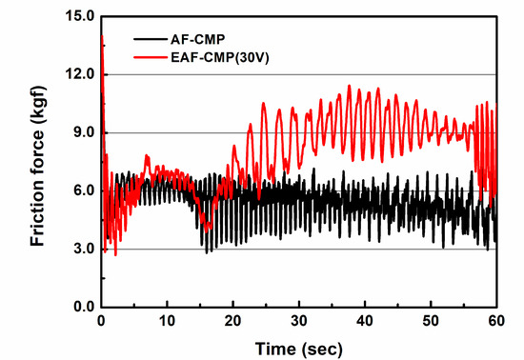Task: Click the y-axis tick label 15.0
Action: point(77,16)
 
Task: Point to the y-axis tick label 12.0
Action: point(77,74)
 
